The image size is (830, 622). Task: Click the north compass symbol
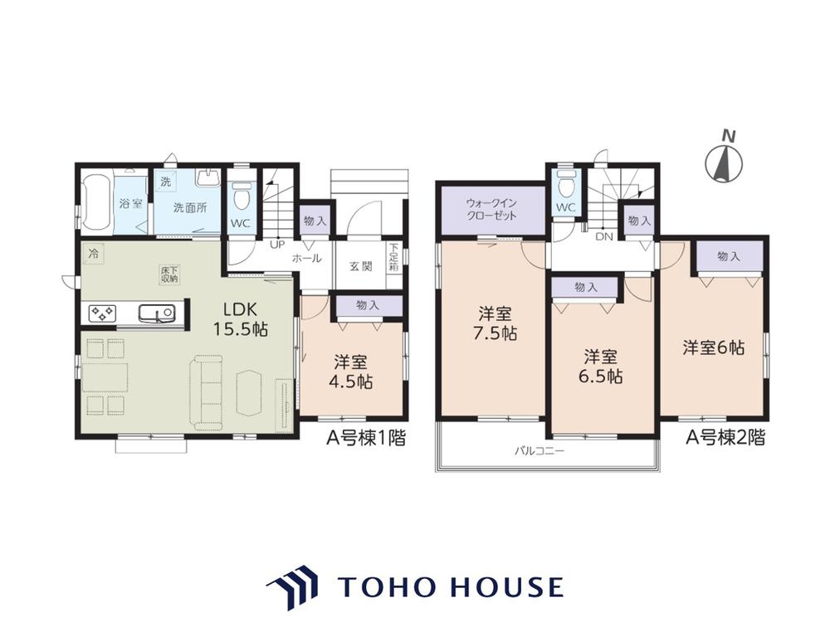tap(724, 163)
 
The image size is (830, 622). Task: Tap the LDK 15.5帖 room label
tap(241, 319)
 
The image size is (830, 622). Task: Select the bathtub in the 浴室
tap(97, 203)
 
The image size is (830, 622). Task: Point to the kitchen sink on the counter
tap(157, 313)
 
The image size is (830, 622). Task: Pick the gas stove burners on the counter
tap(102, 313)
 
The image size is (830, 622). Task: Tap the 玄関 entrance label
tap(360, 266)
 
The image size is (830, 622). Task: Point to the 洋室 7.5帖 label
tap(496, 323)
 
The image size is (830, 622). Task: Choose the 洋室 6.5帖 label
tap(601, 367)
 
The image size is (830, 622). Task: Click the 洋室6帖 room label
tap(714, 348)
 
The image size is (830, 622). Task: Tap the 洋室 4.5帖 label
tap(350, 372)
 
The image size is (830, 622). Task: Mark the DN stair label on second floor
tap(603, 236)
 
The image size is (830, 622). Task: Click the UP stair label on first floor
tap(277, 245)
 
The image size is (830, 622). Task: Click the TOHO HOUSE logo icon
tap(291, 587)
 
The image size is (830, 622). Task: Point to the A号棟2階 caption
tap(725, 437)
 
